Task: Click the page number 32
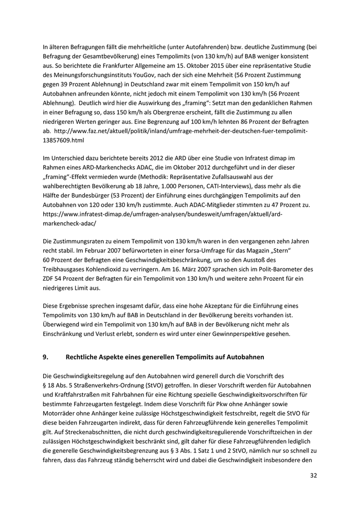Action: (x=313, y=476)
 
